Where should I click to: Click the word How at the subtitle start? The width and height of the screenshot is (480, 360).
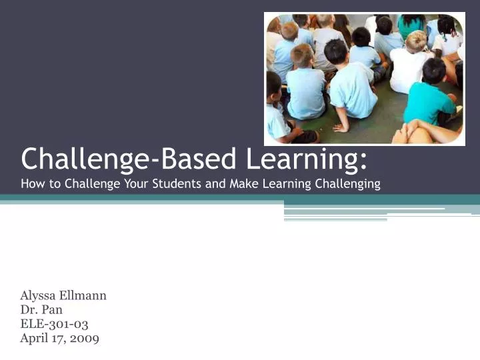[31, 184]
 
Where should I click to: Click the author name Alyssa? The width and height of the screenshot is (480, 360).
[38, 295]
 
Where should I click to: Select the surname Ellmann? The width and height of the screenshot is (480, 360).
[83, 295]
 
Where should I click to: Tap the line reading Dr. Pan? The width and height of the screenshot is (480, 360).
[41, 310]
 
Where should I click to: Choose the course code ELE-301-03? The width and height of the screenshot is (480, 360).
[55, 324]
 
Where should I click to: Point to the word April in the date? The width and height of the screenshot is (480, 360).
[35, 339]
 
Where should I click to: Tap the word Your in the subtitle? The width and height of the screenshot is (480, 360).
[137, 184]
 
